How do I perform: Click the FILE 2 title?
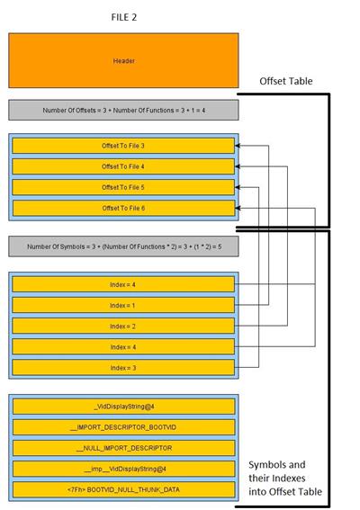click(123, 17)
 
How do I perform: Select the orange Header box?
click(123, 60)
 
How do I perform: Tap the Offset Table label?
click(286, 81)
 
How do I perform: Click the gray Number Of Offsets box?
click(123, 111)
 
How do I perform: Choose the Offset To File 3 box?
click(123, 146)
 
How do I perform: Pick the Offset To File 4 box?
click(123, 166)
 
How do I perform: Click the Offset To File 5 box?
click(123, 187)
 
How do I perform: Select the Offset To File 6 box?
click(123, 208)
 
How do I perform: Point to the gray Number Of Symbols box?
click(123, 246)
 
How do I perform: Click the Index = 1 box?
click(123, 306)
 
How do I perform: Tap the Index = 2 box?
click(123, 327)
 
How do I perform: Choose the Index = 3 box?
click(123, 368)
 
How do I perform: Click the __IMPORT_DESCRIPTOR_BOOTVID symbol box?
click(123, 427)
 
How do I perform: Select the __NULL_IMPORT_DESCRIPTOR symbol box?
click(123, 448)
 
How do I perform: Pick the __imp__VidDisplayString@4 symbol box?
click(123, 469)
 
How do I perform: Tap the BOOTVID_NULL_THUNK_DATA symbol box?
click(123, 489)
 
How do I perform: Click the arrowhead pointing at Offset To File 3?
click(238, 146)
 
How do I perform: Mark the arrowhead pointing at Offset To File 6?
click(238, 208)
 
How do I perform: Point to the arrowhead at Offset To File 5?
click(238, 187)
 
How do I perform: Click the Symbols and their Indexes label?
click(285, 478)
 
